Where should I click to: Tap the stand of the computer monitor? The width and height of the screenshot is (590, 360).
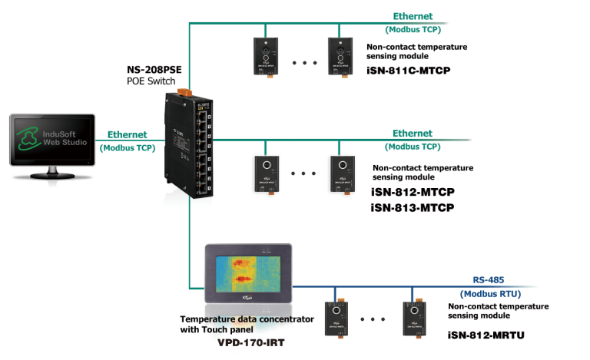point(52,173)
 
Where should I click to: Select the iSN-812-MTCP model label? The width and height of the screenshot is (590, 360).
point(409,193)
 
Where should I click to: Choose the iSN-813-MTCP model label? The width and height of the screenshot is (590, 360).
point(409,208)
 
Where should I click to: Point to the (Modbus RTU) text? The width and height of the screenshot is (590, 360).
point(490,293)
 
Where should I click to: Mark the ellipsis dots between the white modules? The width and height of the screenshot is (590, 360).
point(303,173)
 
